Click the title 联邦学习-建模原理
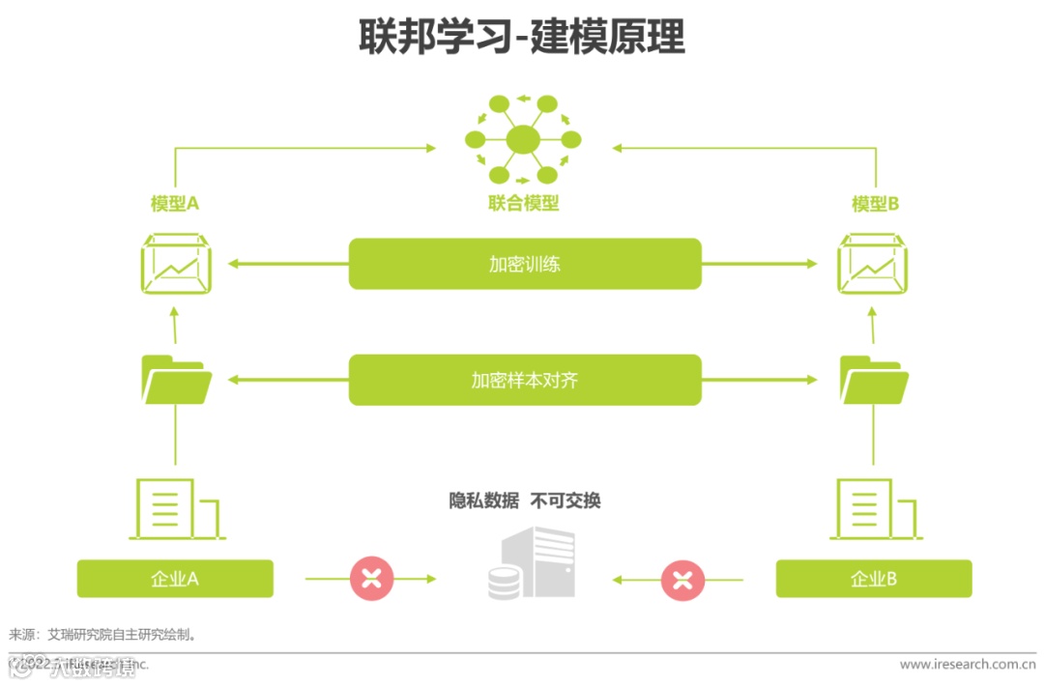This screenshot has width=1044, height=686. click(522, 37)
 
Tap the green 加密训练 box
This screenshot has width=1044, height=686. click(524, 264)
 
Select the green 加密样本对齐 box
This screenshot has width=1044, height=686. click(524, 380)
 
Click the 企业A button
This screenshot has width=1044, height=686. click(175, 579)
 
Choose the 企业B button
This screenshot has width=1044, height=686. click(874, 579)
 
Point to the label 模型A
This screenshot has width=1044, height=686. click(174, 204)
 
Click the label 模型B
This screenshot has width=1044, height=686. click(875, 204)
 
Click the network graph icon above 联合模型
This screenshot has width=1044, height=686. click(523, 139)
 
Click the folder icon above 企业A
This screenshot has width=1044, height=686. click(176, 379)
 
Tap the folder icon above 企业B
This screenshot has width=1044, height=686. click(874, 380)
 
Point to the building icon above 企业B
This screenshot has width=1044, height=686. click(875, 509)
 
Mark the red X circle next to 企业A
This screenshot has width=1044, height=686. click(371, 579)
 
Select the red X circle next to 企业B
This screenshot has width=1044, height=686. click(682, 580)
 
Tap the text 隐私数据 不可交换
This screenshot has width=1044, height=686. click(524, 500)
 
